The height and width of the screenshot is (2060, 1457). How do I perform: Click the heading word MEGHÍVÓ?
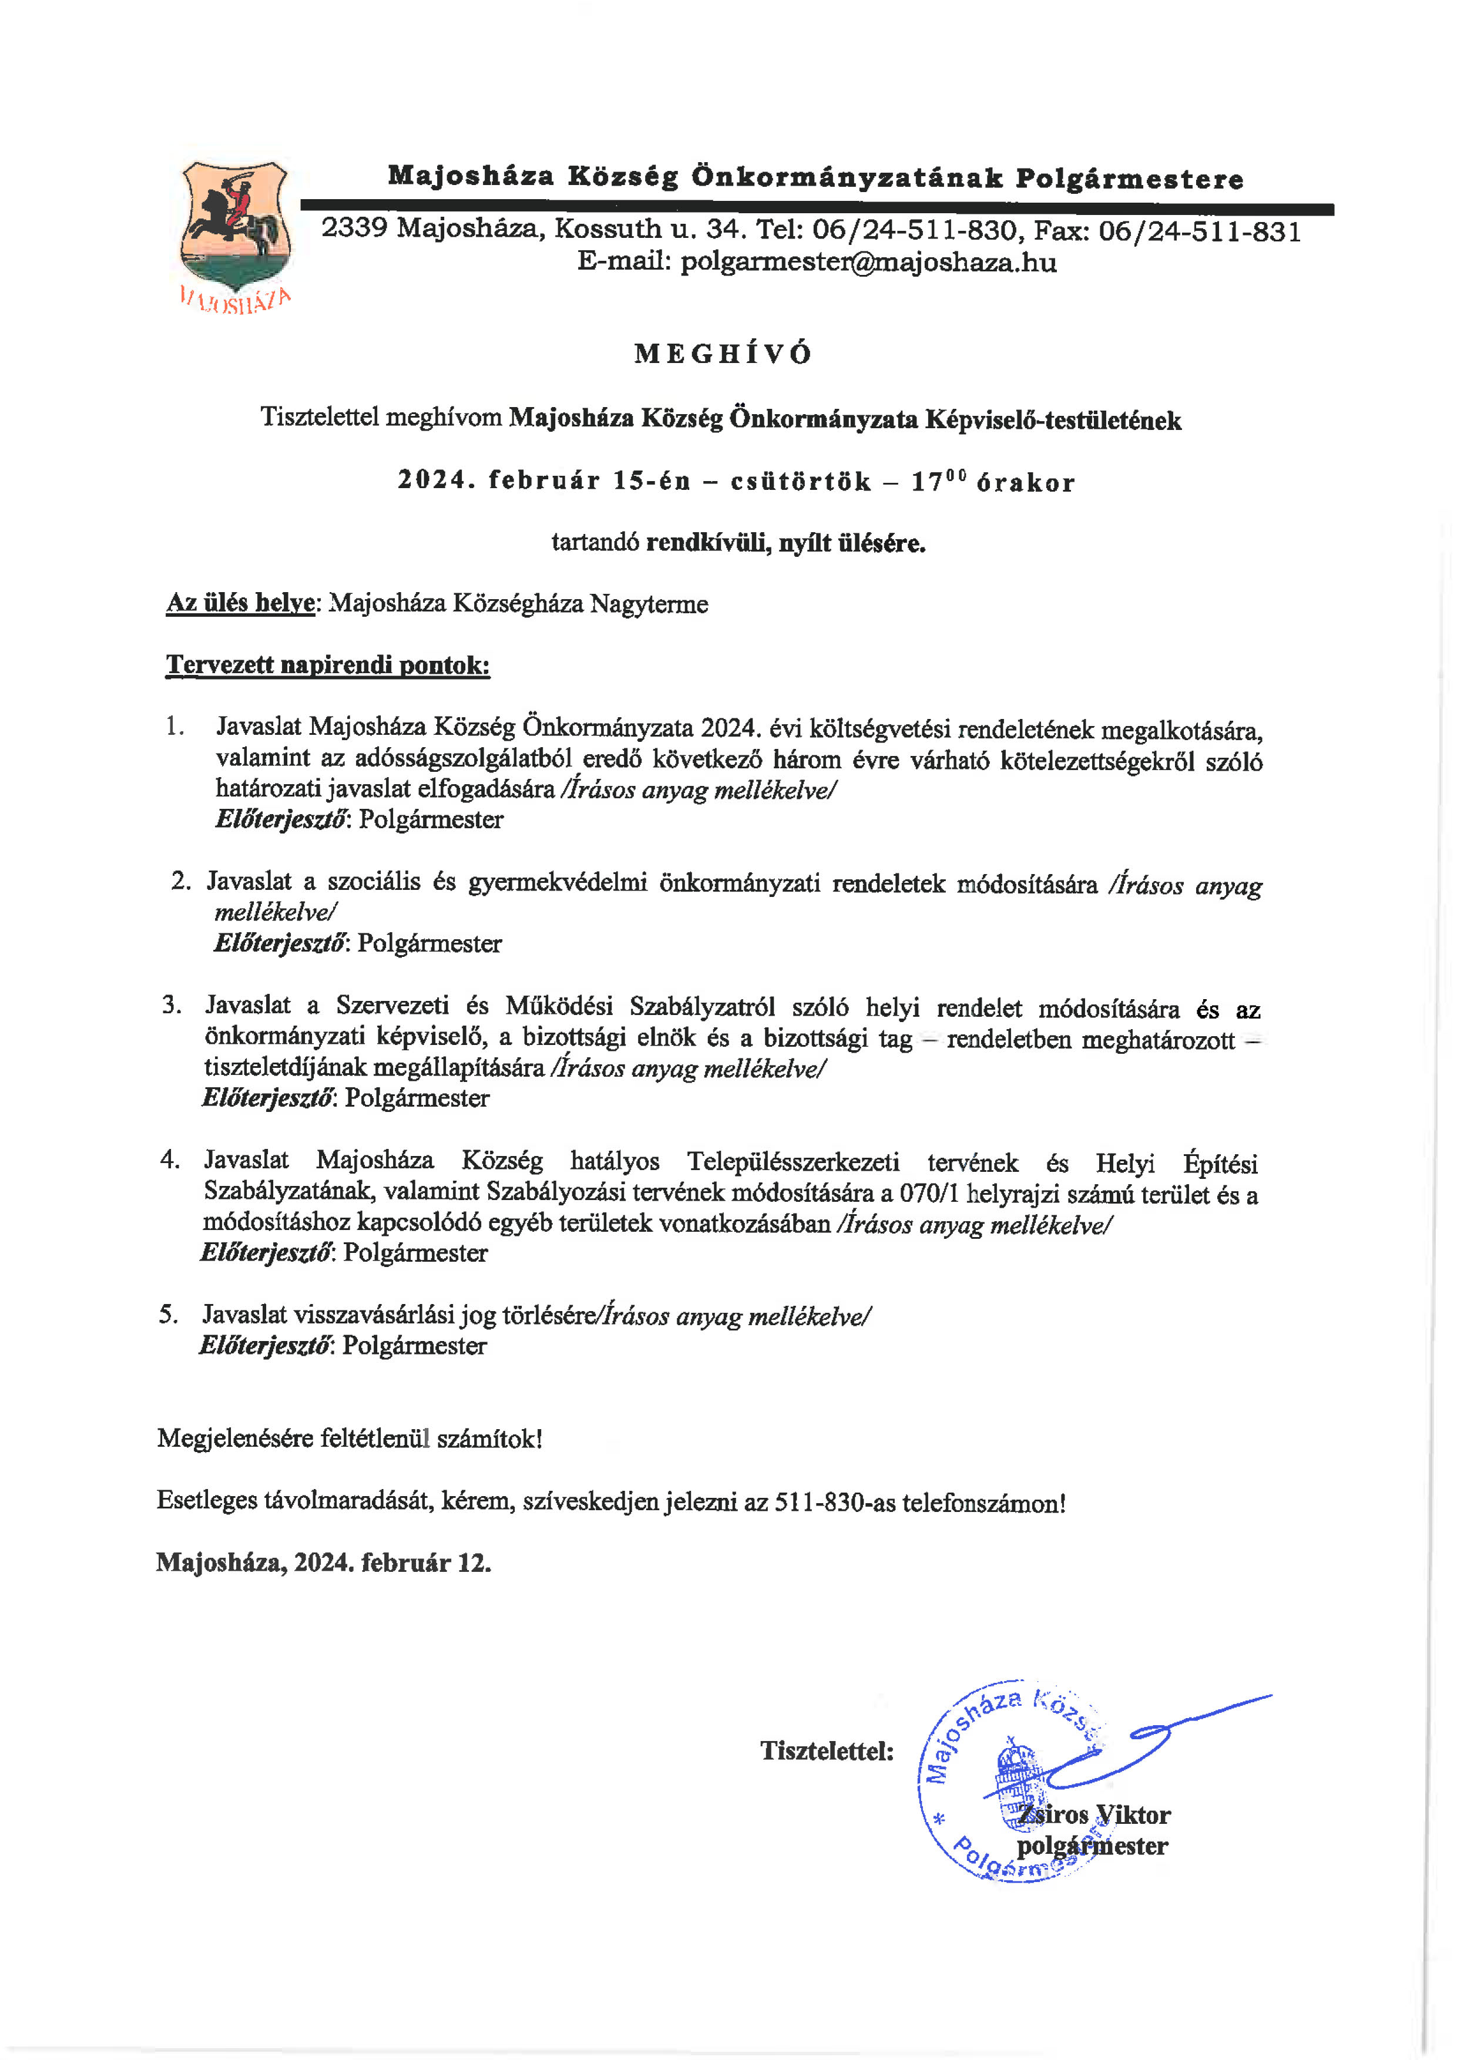(x=723, y=354)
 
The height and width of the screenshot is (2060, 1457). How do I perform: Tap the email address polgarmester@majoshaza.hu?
(x=868, y=263)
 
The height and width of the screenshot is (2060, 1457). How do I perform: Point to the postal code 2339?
(x=354, y=228)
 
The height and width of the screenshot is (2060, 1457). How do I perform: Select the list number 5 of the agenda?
(x=168, y=1315)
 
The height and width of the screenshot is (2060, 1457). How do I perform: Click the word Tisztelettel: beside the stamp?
(x=826, y=1750)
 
